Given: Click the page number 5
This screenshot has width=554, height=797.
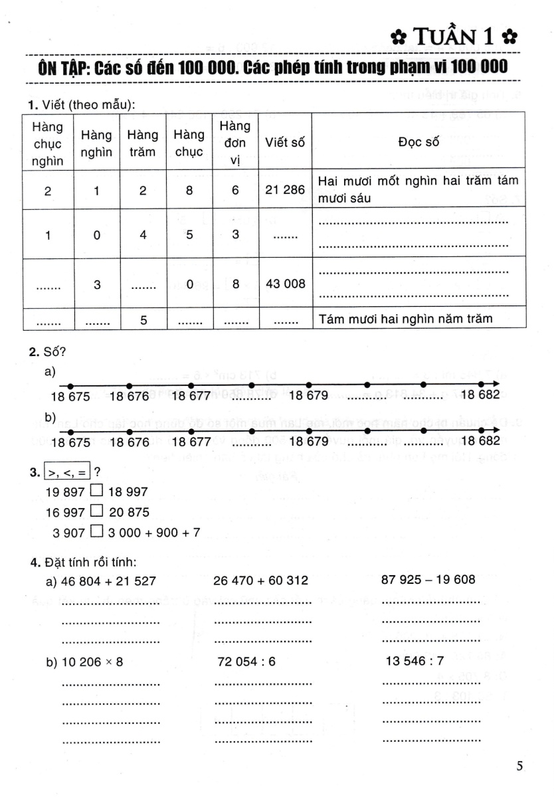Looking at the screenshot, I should pyautogui.click(x=519, y=766).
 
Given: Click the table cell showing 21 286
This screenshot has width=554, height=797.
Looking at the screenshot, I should pyautogui.click(x=285, y=190).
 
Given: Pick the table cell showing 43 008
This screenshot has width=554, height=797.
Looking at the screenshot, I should pyautogui.click(x=285, y=284).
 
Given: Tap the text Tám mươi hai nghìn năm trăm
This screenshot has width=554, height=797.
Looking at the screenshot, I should pyautogui.click(x=406, y=319).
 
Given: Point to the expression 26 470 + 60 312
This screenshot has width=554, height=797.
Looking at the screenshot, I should pyautogui.click(x=261, y=580).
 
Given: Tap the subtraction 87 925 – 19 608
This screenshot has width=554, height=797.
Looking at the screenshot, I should pyautogui.click(x=428, y=579).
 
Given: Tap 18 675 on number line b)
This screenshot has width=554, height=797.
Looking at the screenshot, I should pyautogui.click(x=73, y=442).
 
